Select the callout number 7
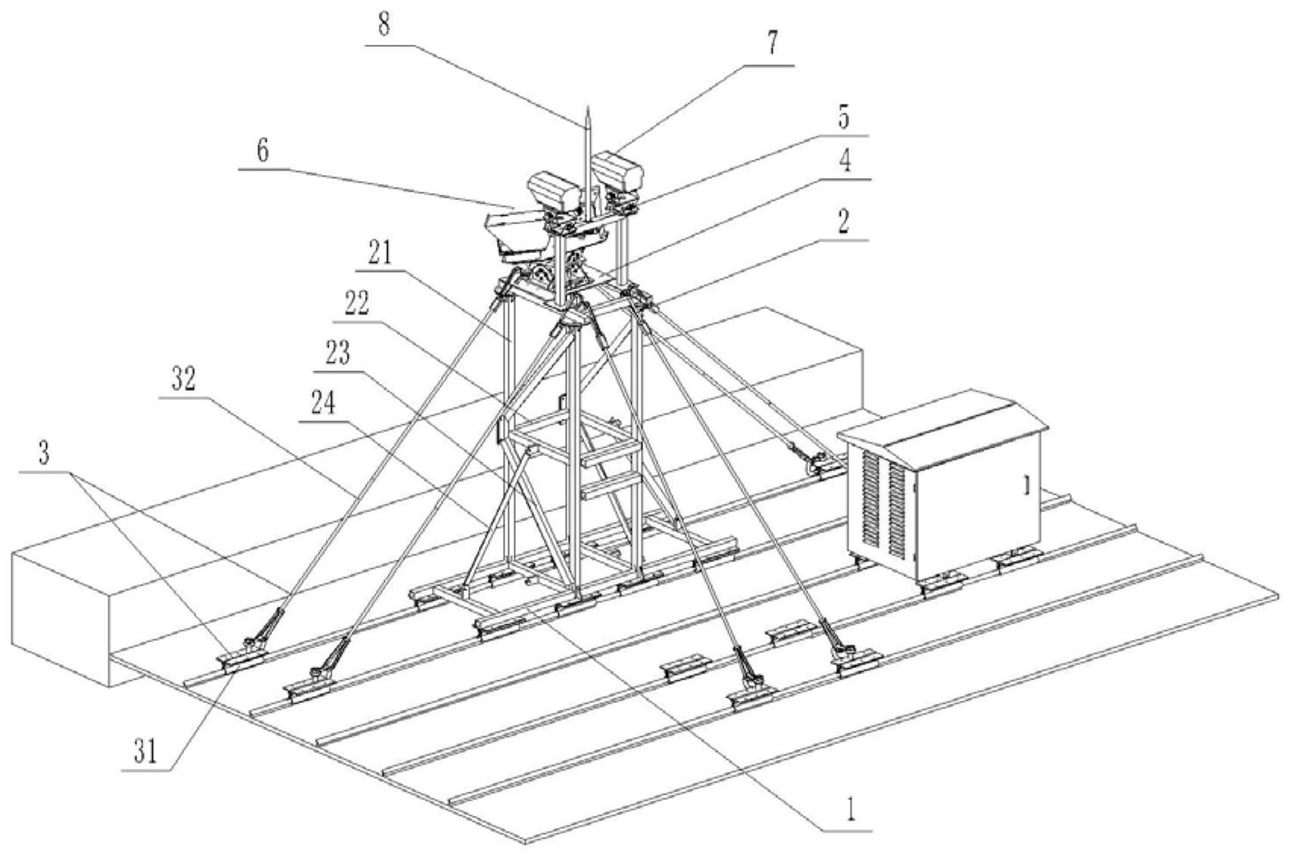point(771,44)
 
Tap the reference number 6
point(262,151)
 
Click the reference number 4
point(846,161)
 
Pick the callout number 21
point(380,255)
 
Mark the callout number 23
point(337,352)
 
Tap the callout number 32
point(182,380)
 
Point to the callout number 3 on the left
point(45,454)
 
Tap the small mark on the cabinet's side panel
point(1026,485)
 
